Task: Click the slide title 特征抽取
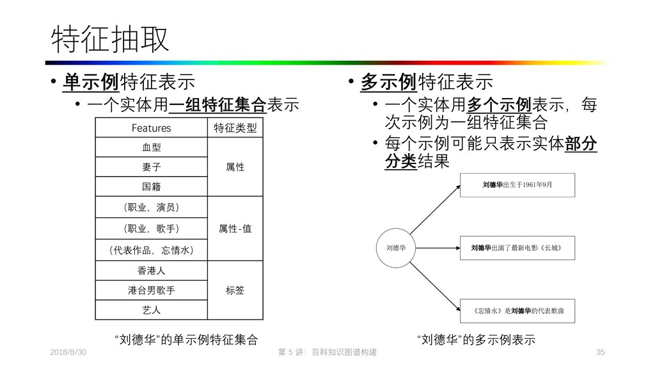coord(110,40)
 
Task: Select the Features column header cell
coord(152,129)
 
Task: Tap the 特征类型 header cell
coord(235,129)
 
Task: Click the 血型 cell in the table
coord(152,147)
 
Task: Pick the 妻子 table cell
coord(152,167)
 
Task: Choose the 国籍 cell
coord(152,187)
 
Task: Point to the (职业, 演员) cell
coord(152,208)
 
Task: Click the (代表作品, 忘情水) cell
coord(152,249)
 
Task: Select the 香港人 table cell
coord(152,270)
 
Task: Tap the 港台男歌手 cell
coord(152,290)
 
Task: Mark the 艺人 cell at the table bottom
coord(152,310)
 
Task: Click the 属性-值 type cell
coord(235,228)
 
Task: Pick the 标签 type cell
coord(235,290)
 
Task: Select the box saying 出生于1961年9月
coord(518,184)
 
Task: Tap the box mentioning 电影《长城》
coord(518,247)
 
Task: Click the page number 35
coord(600,353)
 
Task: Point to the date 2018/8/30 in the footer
coord(68,353)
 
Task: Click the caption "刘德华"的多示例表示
coord(475,339)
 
